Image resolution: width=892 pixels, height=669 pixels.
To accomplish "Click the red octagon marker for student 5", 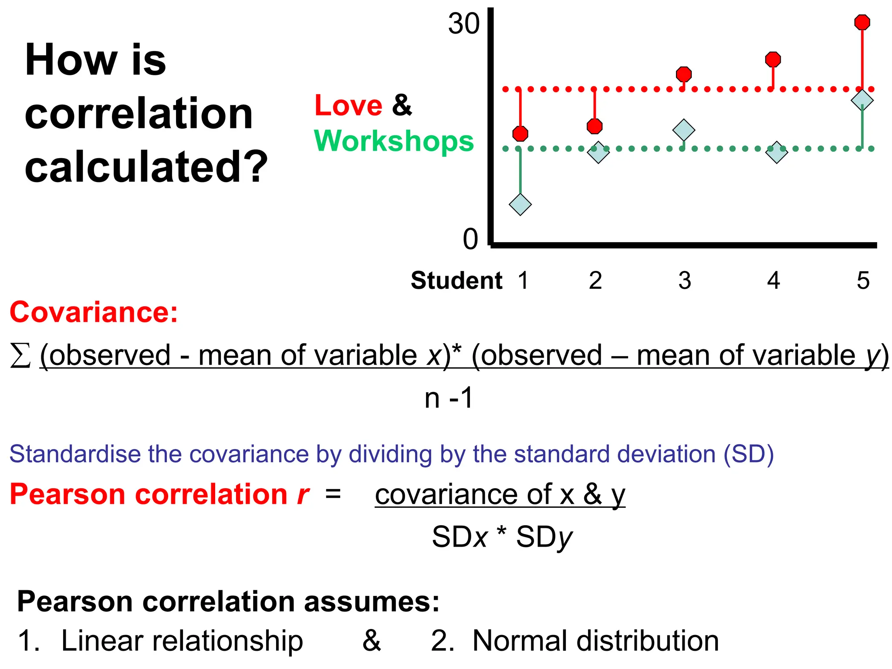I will (862, 22).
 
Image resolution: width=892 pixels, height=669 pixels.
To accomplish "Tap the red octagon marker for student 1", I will (520, 133).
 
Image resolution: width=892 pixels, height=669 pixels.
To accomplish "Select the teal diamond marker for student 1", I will (520, 204).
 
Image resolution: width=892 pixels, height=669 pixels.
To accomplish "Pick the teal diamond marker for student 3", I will (683, 130).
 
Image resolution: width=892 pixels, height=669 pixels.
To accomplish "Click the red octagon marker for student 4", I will (773, 59).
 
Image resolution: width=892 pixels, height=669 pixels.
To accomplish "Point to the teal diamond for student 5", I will (862, 100).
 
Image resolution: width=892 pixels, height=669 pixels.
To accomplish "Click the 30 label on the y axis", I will (463, 24).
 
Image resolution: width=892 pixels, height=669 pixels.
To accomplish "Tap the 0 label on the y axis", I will (470, 239).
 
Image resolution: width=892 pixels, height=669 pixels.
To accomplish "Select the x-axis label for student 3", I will (684, 280).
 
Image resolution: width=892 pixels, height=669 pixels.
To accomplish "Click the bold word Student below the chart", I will (456, 280).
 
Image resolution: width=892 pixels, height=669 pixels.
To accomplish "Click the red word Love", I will (348, 105).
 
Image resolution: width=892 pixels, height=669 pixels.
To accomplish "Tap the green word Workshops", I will (393, 141).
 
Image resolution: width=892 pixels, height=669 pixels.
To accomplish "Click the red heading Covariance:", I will (94, 312).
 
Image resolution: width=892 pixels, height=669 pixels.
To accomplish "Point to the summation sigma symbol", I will (20, 355).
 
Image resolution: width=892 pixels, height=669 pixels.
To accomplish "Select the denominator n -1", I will (448, 398).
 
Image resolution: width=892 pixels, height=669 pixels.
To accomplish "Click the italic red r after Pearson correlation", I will (303, 495).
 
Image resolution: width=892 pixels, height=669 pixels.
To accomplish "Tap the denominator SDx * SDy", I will (502, 537).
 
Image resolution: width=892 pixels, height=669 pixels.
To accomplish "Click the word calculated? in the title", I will (146, 167).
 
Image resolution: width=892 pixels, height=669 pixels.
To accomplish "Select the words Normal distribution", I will (595, 641).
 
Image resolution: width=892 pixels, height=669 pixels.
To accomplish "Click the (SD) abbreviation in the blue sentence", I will (748, 454).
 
